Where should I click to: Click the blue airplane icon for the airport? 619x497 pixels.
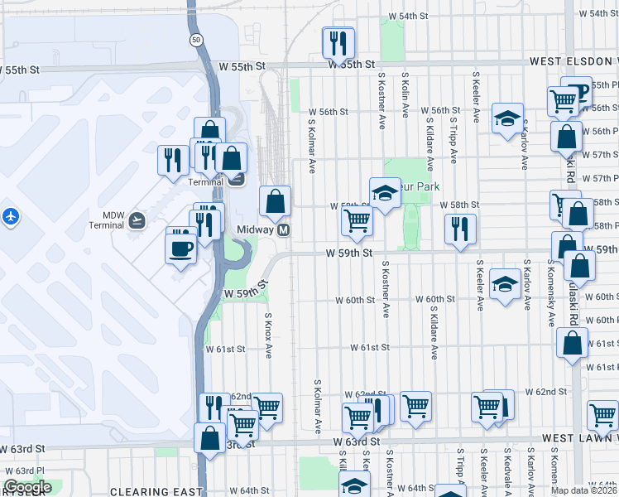tap(11, 216)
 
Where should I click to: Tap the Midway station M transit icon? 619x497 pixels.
tap(284, 229)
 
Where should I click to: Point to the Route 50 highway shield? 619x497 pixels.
tap(194, 39)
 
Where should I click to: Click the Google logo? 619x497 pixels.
tap(27, 487)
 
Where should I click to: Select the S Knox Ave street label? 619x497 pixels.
tap(268, 335)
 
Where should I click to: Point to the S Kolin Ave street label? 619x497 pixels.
tap(405, 94)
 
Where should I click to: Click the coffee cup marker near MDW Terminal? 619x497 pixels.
tap(180, 248)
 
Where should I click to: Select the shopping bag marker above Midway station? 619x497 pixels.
tap(275, 201)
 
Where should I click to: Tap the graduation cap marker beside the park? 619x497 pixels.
tap(384, 194)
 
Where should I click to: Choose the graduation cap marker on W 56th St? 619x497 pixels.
tap(507, 118)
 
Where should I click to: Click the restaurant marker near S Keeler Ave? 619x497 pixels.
tap(458, 229)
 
